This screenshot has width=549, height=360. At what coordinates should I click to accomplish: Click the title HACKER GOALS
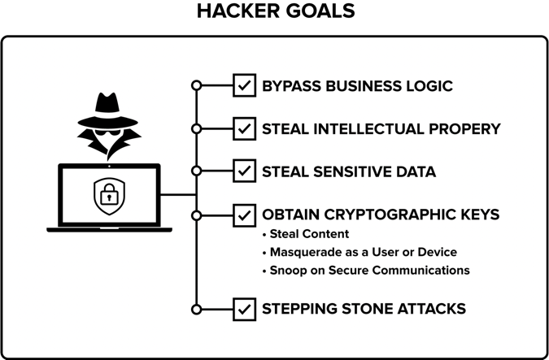[x=275, y=11]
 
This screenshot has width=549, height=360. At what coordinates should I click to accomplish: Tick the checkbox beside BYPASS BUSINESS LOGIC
[x=244, y=85]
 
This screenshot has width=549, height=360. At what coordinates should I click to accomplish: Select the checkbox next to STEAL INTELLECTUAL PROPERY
[x=244, y=128]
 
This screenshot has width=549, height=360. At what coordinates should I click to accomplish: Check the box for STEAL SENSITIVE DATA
[x=244, y=171]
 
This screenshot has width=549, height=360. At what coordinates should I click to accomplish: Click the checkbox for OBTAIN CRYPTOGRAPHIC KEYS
[x=244, y=215]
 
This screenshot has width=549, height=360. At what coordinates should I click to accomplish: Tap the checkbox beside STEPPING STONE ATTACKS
[x=244, y=309]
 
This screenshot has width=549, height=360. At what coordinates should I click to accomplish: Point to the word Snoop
[x=288, y=270]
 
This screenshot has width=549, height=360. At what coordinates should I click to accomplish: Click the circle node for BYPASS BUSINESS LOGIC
[x=195, y=85]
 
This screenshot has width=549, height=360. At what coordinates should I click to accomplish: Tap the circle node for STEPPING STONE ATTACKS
[x=195, y=309]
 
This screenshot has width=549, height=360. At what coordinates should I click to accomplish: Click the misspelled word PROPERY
[x=466, y=128]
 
